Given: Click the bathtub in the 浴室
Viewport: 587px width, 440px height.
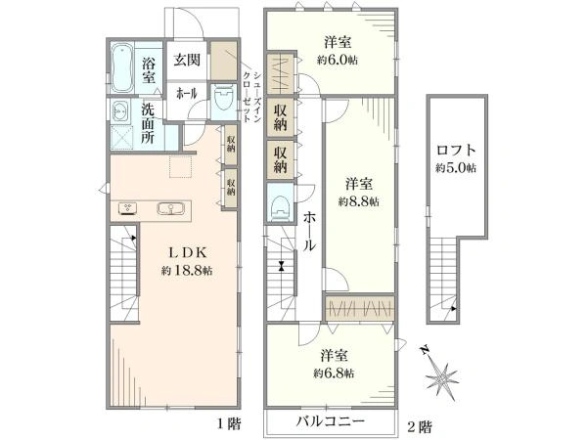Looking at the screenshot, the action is pyautogui.click(x=122, y=67).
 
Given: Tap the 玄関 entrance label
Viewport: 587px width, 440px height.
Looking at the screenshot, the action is pyautogui.click(x=187, y=60).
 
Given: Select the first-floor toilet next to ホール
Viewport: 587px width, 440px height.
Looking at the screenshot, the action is pyautogui.click(x=224, y=98).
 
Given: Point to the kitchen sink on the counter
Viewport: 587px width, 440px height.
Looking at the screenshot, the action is pyautogui.click(x=171, y=208).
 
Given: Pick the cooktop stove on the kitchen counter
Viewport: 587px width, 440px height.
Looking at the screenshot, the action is pyautogui.click(x=128, y=208).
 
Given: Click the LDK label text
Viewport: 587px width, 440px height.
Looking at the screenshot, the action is pyautogui.click(x=187, y=252).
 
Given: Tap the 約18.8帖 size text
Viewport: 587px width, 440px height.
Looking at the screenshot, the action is pyautogui.click(x=187, y=270).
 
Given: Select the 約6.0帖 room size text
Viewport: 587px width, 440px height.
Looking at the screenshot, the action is pyautogui.click(x=338, y=60).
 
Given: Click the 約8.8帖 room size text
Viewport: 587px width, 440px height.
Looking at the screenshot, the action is pyautogui.click(x=359, y=201).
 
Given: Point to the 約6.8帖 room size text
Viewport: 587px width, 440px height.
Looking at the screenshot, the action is pyautogui.click(x=334, y=374).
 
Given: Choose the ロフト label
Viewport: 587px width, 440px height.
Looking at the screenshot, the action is pyautogui.click(x=456, y=151).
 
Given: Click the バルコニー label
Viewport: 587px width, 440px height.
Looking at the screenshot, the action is pyautogui.click(x=331, y=421).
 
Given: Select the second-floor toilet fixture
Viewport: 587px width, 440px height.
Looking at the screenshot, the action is pyautogui.click(x=280, y=206).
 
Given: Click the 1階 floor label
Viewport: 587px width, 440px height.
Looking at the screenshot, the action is pyautogui.click(x=229, y=424).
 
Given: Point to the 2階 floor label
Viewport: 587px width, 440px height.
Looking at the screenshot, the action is pyautogui.click(x=420, y=426).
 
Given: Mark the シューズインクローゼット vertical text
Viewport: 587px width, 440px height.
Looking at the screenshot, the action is pyautogui.click(x=252, y=96).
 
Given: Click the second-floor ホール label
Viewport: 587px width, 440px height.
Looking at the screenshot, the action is pyautogui.click(x=309, y=232).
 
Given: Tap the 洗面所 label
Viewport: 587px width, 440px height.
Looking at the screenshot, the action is pyautogui.click(x=148, y=123).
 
